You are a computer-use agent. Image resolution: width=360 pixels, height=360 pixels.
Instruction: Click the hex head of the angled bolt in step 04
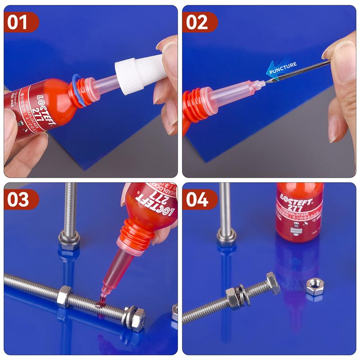click(273, 283)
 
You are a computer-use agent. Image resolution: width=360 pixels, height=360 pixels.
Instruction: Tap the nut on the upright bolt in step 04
click(226, 236)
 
